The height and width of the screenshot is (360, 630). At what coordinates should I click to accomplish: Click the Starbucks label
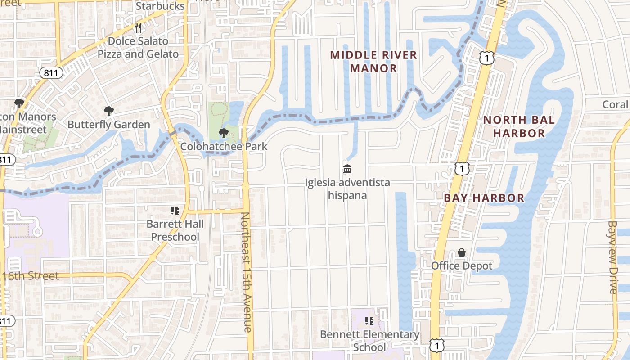[x=160, y=6]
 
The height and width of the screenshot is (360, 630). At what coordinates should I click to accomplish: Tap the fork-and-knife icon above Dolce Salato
[x=138, y=28]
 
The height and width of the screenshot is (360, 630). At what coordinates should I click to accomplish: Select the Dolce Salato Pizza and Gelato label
[x=138, y=48]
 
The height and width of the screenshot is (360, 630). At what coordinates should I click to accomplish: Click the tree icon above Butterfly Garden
[x=108, y=111]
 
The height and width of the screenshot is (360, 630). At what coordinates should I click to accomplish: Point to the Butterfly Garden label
[x=108, y=125]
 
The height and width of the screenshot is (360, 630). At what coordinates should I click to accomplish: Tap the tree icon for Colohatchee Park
[x=223, y=133]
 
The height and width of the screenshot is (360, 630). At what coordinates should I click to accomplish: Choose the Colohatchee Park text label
[x=224, y=146]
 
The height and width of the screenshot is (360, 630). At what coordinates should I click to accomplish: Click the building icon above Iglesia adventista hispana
[x=347, y=169]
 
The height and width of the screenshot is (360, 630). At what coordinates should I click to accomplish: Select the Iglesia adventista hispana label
[x=347, y=189]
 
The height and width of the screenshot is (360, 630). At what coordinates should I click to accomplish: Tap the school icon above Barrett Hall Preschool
[x=175, y=211]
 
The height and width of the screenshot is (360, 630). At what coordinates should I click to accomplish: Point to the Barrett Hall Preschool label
[x=175, y=230]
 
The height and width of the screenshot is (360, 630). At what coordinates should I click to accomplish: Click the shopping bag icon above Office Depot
[x=462, y=252]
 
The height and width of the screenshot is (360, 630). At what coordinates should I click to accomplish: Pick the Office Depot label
[x=462, y=266]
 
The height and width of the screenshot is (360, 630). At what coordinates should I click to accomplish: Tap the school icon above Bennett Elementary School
[x=369, y=321]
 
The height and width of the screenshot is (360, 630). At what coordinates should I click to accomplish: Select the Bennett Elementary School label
[x=369, y=341]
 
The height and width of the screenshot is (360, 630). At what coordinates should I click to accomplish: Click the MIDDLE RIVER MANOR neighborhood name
[x=373, y=62]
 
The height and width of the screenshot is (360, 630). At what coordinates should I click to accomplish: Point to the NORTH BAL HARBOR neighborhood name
[x=519, y=126]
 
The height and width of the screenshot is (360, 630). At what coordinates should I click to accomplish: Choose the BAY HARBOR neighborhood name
[x=484, y=198]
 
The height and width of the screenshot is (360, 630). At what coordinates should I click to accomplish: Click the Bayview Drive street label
[x=612, y=257]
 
